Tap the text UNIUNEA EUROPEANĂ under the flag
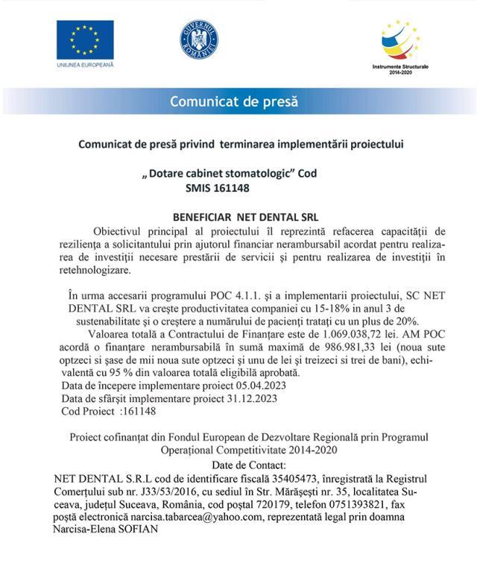pos(84,66)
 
